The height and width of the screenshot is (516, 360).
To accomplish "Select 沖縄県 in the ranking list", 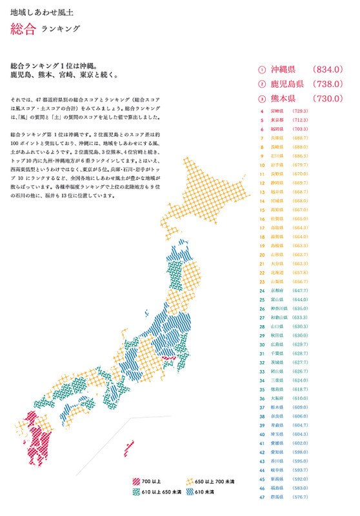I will pyautogui.click(x=283, y=69).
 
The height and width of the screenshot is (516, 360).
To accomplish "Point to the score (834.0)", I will pyautogui.click(x=330, y=69).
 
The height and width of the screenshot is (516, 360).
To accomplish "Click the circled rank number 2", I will pyautogui.click(x=262, y=84).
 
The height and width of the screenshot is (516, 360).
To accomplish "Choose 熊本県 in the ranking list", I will pyautogui.click(x=283, y=99).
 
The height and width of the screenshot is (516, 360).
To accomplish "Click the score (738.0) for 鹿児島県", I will pyautogui.click(x=330, y=84).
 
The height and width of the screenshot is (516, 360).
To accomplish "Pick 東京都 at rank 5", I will pyautogui.click(x=277, y=120).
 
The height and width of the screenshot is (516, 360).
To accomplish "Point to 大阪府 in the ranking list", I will pyautogui.click(x=277, y=399).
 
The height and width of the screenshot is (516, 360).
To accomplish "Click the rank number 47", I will pyautogui.click(x=262, y=497).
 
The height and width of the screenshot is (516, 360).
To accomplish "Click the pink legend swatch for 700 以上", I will pyautogui.click(x=136, y=482).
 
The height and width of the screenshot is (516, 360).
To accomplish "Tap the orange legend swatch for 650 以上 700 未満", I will pyautogui.click(x=190, y=482).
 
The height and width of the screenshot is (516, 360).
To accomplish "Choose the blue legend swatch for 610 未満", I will pyautogui.click(x=190, y=492).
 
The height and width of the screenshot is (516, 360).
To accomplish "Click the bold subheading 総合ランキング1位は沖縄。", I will pyautogui.click(x=54, y=65).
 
